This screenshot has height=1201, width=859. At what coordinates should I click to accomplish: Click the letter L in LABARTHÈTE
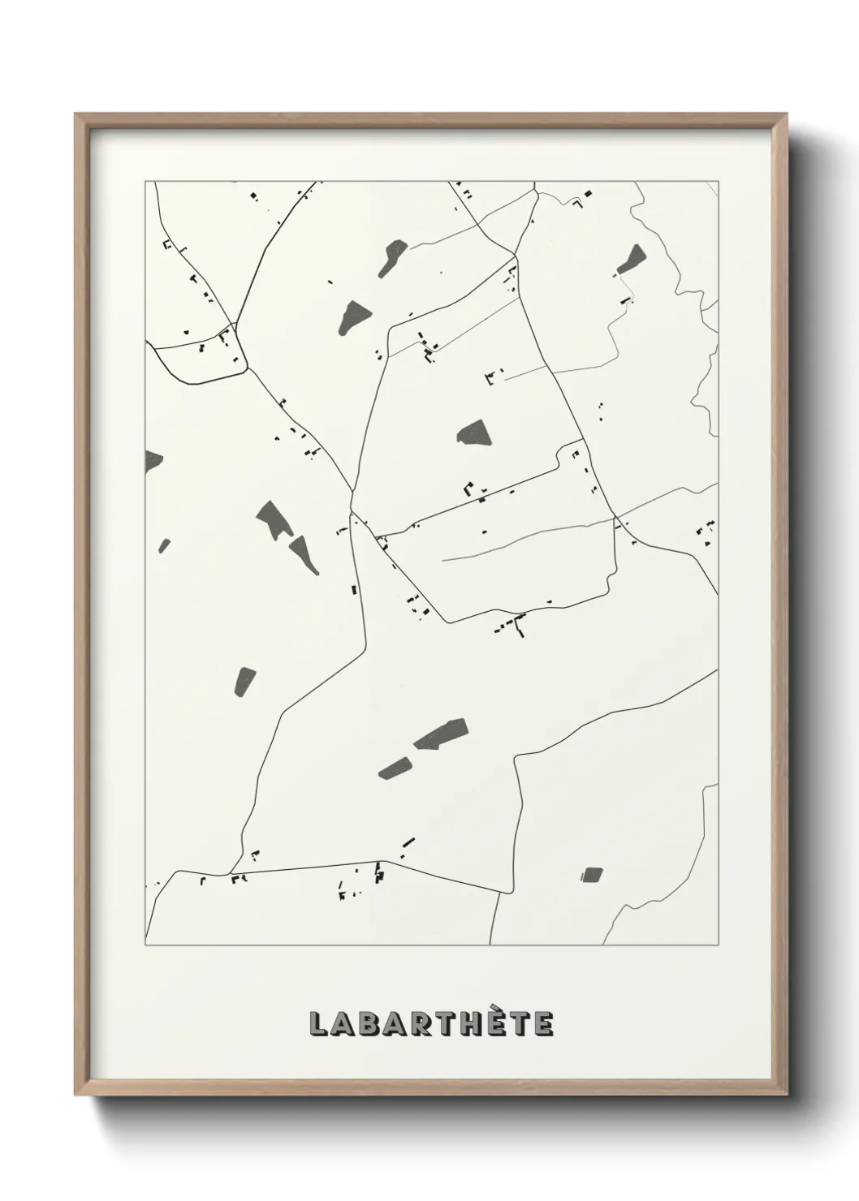tap(317, 1024)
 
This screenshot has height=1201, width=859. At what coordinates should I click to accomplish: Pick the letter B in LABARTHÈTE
tap(367, 1024)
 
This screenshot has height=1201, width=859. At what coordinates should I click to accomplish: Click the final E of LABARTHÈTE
tap(543, 1024)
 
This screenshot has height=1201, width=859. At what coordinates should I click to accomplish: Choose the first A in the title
tap(342, 1024)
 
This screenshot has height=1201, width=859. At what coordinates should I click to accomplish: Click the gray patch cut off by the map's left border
tap(152, 460)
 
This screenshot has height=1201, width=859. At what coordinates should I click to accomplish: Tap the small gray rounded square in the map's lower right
tap(592, 874)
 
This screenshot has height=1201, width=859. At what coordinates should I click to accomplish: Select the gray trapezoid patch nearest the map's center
tap(473, 433)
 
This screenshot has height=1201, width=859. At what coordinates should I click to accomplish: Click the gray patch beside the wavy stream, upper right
tap(630, 259)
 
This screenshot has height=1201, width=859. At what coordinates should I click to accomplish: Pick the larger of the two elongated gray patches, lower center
tap(441, 733)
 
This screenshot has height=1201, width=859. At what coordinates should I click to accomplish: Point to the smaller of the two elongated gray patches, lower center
tap(395, 768)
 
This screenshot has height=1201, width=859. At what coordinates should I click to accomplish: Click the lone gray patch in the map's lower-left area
tap(244, 681)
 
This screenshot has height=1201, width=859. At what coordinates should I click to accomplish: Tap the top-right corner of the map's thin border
tap(719, 182)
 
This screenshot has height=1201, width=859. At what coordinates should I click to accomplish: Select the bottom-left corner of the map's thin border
tap(145, 945)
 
